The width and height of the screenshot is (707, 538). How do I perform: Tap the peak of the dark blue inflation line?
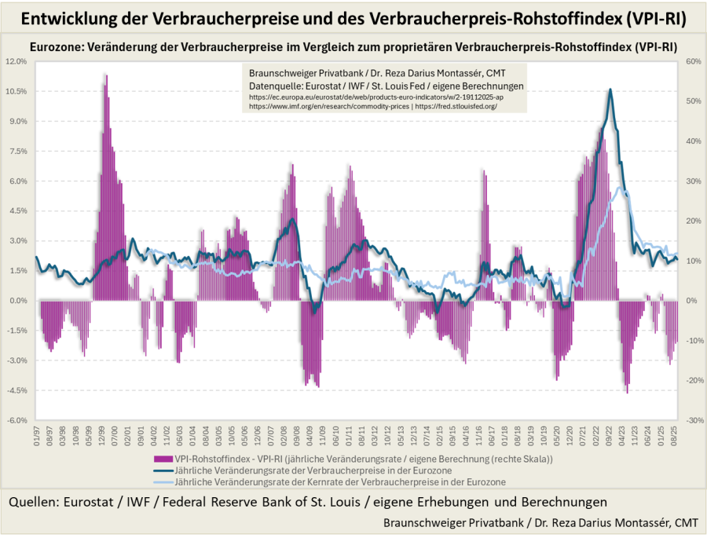(x=610, y=90)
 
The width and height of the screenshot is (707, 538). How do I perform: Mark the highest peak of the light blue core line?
(x=621, y=188)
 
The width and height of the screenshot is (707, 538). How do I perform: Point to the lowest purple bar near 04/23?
(x=627, y=392)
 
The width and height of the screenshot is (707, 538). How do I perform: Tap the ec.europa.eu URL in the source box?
(x=376, y=96)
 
